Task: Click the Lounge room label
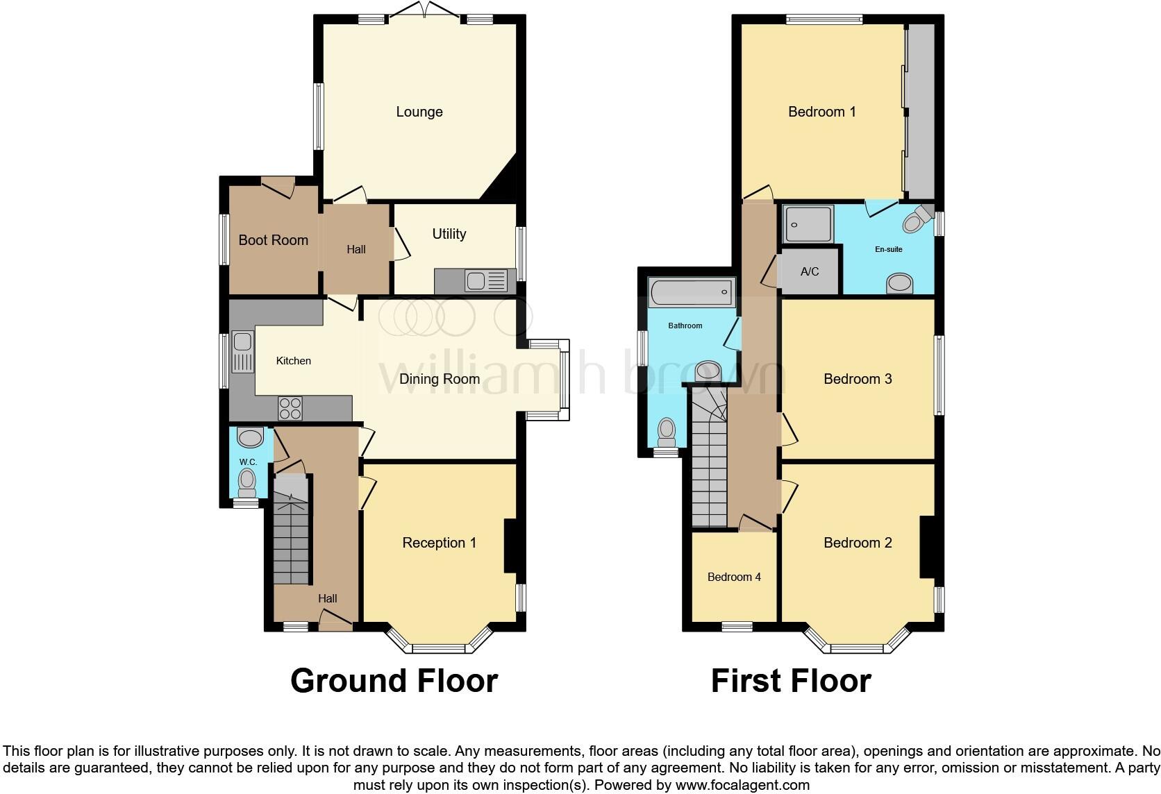click(419, 112)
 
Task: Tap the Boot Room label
click(273, 240)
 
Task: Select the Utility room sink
click(476, 281)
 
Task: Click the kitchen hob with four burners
click(290, 407)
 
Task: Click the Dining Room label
click(439, 379)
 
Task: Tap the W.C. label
click(248, 462)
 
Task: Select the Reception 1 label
click(439, 543)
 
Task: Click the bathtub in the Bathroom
click(691, 292)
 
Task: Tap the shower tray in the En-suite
click(808, 224)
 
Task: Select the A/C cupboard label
click(810, 272)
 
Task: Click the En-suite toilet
click(915, 221)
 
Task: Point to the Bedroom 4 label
click(734, 577)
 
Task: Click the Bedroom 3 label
click(858, 379)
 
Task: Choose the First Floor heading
click(790, 681)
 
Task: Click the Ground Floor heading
click(394, 681)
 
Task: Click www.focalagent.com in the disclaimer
click(742, 785)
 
